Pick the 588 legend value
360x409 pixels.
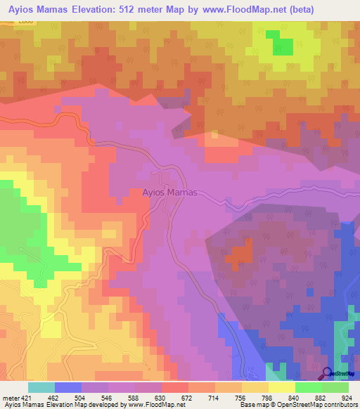(x=141, y=398)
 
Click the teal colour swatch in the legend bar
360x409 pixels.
(x=41, y=387)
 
